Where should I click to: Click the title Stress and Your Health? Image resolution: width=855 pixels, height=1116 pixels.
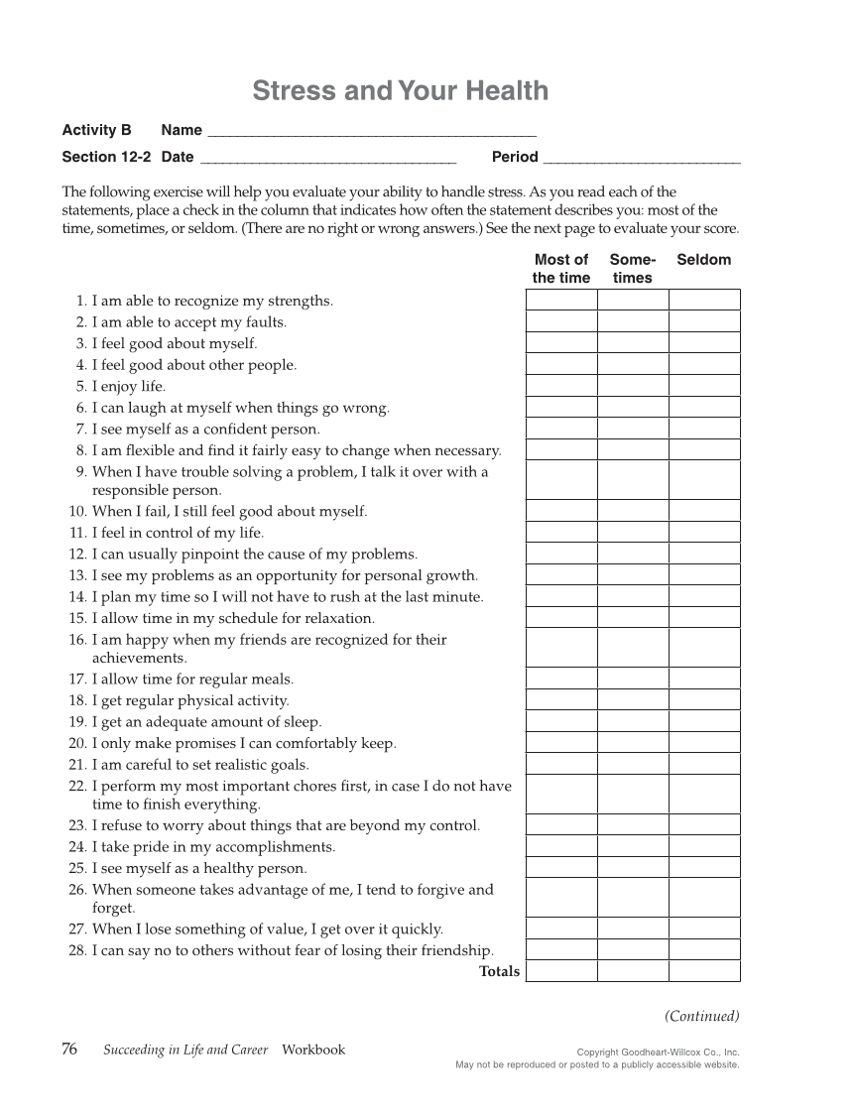(400, 91)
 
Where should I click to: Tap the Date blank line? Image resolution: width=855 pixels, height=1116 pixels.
(327, 157)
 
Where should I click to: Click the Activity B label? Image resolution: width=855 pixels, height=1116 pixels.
(96, 130)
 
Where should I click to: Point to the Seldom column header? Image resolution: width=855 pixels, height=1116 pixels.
(703, 260)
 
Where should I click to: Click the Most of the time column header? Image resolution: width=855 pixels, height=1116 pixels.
(561, 269)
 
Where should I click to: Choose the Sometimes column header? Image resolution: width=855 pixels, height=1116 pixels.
(633, 269)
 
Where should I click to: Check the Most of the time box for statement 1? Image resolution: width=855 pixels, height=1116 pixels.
(561, 300)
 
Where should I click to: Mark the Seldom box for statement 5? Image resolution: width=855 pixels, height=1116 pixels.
(704, 386)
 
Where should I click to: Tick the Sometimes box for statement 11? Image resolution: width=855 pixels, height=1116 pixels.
(633, 532)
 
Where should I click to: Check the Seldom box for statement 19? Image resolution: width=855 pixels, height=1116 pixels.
(704, 721)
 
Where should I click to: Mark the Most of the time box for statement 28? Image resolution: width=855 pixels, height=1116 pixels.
(561, 949)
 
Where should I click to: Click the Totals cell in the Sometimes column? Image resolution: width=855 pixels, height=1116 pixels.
(633, 971)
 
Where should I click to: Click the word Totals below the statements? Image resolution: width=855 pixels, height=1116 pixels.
(499, 972)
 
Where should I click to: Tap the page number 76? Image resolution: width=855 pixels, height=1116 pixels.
(69, 1050)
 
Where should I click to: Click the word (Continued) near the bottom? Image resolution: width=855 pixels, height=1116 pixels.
(702, 1016)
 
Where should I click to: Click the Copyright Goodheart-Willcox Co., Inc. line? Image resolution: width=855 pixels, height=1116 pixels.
(658, 1052)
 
